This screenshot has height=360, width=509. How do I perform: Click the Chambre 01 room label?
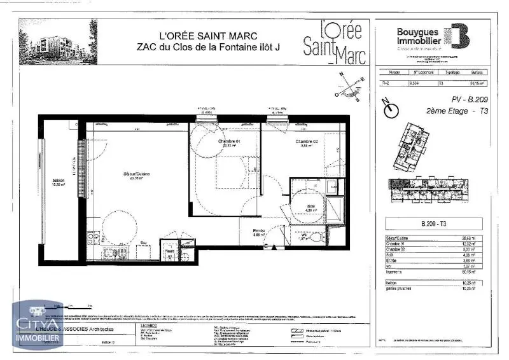coord(229,141)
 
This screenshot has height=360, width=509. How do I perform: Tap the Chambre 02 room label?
coord(306,141)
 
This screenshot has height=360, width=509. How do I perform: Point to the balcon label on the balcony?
coord(59,180)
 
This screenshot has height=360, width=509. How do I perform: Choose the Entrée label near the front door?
coord(259,231)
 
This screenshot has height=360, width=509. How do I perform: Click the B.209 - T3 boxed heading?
coord(435,223)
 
